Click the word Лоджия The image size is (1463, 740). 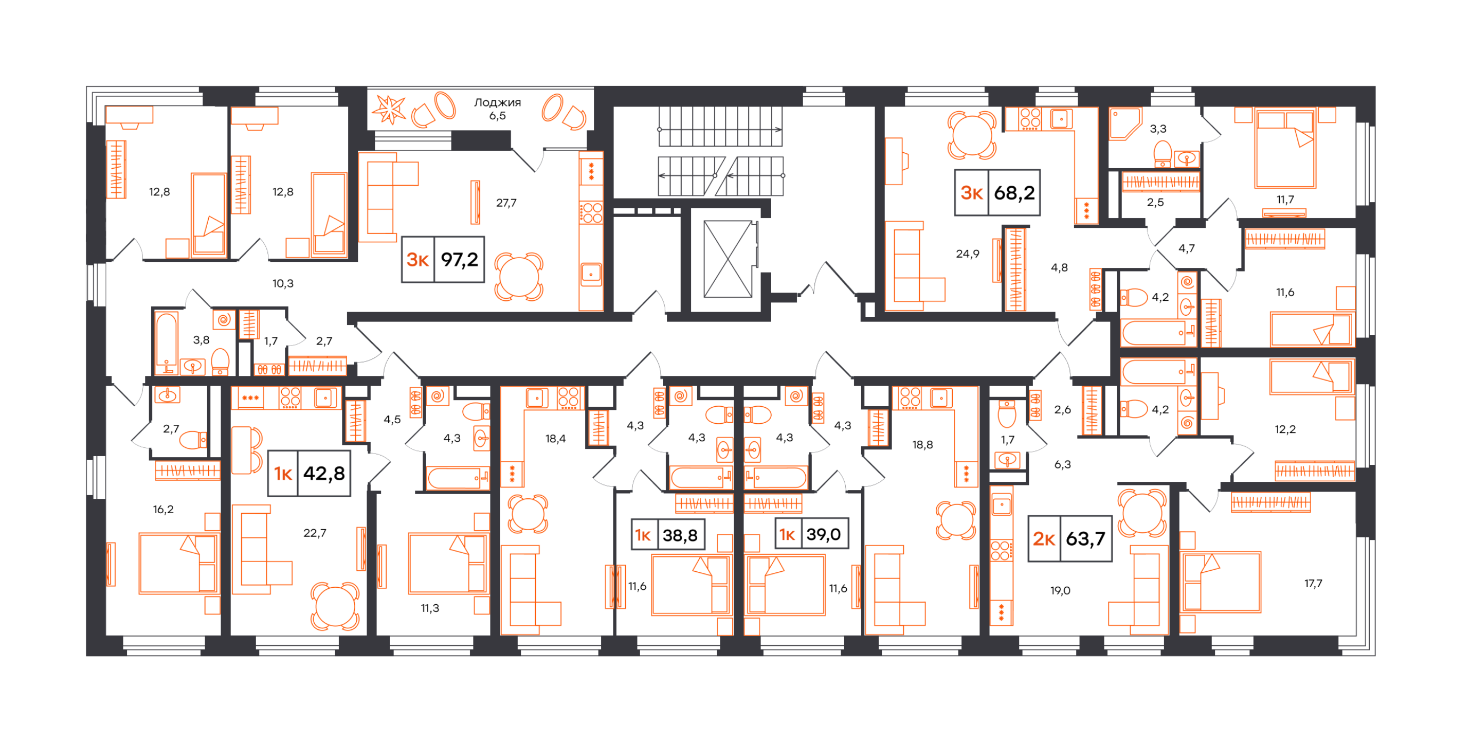click(497, 102)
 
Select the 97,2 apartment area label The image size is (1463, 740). click(460, 260)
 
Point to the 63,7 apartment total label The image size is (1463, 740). click(1085, 538)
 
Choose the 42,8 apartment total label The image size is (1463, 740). click(324, 473)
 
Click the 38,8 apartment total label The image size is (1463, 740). click(680, 535)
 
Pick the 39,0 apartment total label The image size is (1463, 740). click(823, 534)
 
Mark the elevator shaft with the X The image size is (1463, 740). click(728, 259)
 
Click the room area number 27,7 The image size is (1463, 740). click(506, 203)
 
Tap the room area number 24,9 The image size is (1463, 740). click(967, 254)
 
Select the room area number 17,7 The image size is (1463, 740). click(1313, 583)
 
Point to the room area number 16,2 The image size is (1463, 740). click(163, 509)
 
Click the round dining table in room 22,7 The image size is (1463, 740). click(335, 606)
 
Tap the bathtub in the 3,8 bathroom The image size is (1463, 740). click(166, 342)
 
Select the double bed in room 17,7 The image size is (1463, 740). click(1221, 582)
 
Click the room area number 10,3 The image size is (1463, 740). click(283, 283)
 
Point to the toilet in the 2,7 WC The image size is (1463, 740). click(194, 440)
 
